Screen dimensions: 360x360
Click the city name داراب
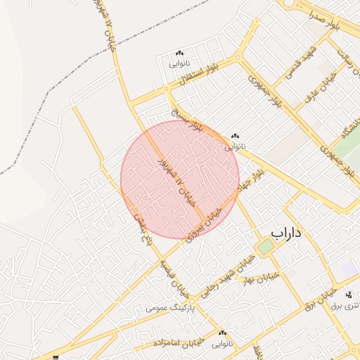click(285, 232)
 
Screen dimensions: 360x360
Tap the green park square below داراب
click(265, 247)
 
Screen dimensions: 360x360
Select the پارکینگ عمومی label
click(166, 308)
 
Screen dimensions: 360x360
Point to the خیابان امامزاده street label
click(179, 342)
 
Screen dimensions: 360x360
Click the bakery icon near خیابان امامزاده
click(223, 333)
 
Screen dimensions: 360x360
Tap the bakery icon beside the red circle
click(234, 136)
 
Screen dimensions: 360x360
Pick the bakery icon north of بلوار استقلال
click(179, 53)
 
